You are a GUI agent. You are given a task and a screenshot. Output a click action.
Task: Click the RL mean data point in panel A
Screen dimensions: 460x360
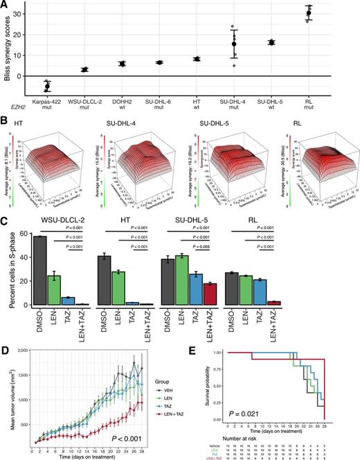tap(328, 13)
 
